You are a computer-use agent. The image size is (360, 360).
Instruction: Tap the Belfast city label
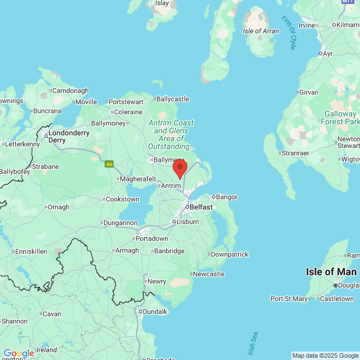point(201,207)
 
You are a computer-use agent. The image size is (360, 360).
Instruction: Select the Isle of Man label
point(331,272)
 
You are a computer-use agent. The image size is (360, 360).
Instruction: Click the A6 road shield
point(109,164)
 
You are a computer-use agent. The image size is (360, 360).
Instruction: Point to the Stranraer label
point(296,152)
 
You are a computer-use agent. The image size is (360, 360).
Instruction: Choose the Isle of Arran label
point(260,31)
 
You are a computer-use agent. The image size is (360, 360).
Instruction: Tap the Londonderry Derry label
point(69,136)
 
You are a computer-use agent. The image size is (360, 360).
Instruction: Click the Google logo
point(18,353)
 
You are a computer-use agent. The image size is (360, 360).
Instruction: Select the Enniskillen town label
point(31,251)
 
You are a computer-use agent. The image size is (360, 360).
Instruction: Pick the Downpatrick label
point(230,254)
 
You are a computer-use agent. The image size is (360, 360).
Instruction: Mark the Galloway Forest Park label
point(340,118)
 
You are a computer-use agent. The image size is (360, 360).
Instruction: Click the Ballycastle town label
point(172,99)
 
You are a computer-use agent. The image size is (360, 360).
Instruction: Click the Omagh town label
point(58,207)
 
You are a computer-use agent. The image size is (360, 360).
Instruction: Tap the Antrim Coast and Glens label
point(170,134)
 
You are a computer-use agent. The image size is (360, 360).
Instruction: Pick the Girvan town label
point(308,92)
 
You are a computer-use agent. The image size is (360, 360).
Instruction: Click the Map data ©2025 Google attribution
point(325,355)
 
